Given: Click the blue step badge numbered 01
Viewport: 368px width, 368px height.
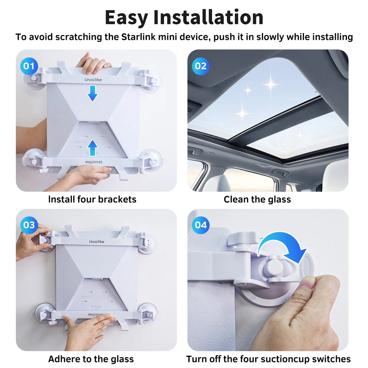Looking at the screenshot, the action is [29, 66].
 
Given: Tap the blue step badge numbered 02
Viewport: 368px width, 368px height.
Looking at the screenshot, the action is [201, 66].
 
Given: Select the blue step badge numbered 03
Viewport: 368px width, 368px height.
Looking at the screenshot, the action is [29, 225].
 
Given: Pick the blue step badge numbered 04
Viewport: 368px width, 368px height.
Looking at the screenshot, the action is [201, 225].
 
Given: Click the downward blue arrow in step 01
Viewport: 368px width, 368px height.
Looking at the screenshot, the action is [92, 93].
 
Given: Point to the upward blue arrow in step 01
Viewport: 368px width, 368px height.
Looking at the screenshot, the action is [92, 148].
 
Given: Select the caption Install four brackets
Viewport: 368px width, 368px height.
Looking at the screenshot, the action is [92, 199].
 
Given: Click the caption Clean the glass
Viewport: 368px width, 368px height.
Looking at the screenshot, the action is [257, 199].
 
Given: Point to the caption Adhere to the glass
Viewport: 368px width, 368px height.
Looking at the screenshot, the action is [91, 359].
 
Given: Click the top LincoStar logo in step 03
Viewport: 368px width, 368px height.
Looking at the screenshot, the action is [97, 241].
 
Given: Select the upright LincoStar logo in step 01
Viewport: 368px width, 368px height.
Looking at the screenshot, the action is [93, 79].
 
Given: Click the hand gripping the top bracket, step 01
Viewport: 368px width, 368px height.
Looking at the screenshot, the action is [93, 63].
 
